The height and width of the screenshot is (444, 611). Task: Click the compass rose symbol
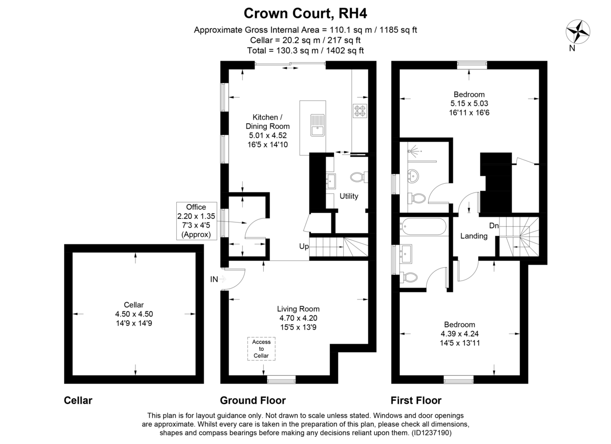pos(578,32)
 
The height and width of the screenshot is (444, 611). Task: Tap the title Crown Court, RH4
pos(305,13)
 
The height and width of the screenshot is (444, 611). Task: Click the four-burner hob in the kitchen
pos(360,110)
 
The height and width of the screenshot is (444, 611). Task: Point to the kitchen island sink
pos(318,125)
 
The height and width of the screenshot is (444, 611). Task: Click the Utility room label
pos(349,196)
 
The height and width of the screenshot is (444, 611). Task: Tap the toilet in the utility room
pos(358,177)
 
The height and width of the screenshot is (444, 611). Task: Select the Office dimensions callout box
pos(197,221)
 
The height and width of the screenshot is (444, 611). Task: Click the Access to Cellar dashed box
pos(261,349)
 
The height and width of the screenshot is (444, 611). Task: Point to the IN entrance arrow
pos(223,279)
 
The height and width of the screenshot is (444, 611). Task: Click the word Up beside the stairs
pos(304,246)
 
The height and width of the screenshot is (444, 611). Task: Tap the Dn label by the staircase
pos(494,226)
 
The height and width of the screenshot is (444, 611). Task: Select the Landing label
pos(474,236)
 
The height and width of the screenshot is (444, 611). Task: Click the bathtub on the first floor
pos(423,227)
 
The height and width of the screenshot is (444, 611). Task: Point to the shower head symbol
pos(414,150)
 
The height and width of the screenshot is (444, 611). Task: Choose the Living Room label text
pos(298,309)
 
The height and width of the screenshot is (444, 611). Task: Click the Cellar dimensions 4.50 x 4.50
pos(134,314)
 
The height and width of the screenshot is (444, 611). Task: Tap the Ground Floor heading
pos(253,400)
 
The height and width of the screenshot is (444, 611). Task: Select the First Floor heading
pos(416,400)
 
